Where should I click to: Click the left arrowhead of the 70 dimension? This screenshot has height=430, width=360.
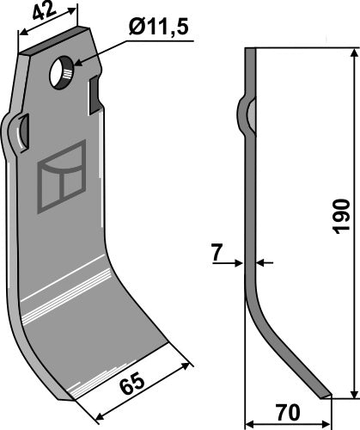pyautogui.click(x=250, y=423)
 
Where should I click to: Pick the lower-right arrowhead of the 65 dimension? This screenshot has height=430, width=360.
pyautogui.click(x=186, y=365)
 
